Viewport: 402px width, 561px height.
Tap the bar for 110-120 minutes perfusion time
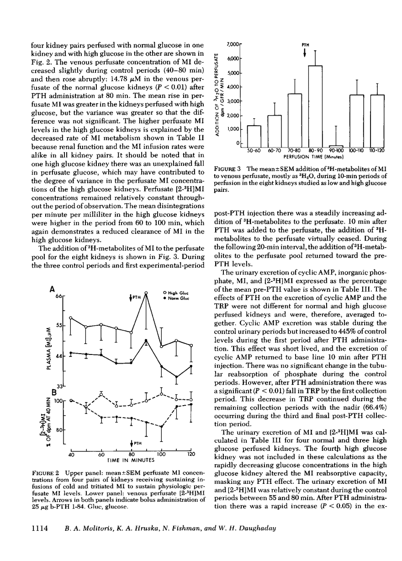pos(377,121)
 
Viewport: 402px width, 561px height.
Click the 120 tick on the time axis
pos(191,455)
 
